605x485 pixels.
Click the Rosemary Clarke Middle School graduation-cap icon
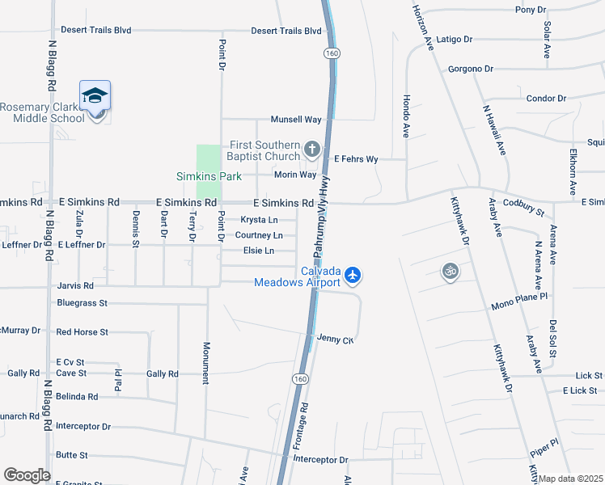point(95,95)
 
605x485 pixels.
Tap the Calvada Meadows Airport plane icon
point(353,276)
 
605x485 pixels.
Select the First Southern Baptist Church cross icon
point(313,149)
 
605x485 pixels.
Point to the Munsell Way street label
point(296,120)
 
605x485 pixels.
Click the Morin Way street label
point(295,175)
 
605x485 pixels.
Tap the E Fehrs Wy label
point(356,159)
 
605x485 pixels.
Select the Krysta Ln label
point(259,220)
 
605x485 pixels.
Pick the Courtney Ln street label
point(259,235)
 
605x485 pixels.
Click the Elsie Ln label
point(258,251)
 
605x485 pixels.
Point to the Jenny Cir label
point(336,339)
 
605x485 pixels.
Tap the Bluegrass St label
point(82,303)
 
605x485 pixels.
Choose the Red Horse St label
point(82,332)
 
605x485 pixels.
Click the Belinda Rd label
point(77,397)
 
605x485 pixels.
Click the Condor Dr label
point(546,99)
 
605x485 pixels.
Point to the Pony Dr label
point(531,10)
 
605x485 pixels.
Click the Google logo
point(27,475)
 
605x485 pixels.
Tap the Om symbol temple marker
point(451,271)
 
